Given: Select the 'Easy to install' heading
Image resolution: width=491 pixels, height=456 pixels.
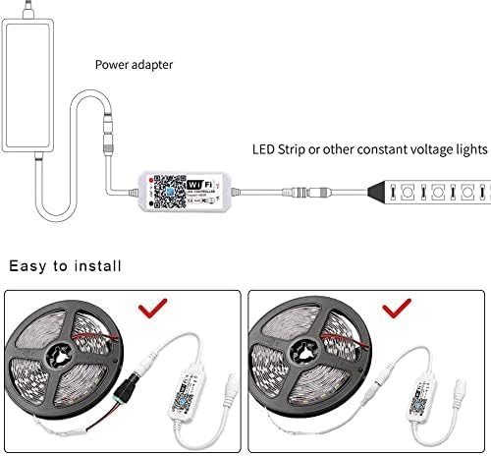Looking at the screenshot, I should (x=66, y=265).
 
